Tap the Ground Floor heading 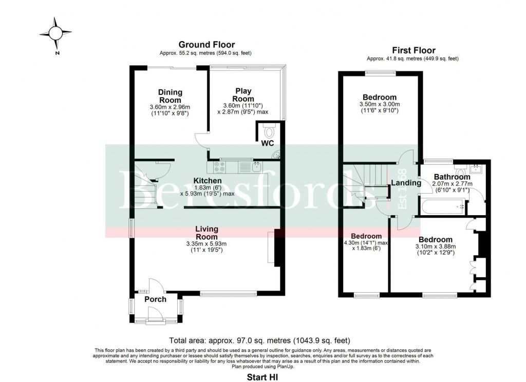click(x=206, y=45)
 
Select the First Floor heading click(x=413, y=50)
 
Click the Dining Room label click(x=170, y=96)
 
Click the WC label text click(x=268, y=142)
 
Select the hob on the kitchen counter click(x=219, y=166)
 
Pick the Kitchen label click(x=208, y=181)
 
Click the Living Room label click(x=206, y=233)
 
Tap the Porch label click(x=155, y=299)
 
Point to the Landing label click(x=406, y=183)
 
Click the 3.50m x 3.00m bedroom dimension click(x=380, y=105)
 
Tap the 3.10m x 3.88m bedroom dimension click(x=435, y=246)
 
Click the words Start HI click(x=262, y=377)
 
